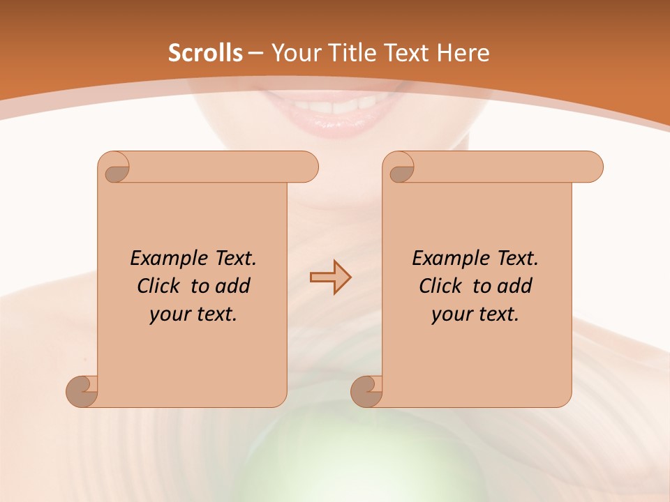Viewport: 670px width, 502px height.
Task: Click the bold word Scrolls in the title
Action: [x=206, y=53]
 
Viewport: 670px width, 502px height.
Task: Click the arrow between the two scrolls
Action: [x=330, y=277]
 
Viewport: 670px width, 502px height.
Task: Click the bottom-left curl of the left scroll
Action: [x=82, y=391]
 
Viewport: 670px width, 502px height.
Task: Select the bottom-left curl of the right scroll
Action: [x=366, y=391]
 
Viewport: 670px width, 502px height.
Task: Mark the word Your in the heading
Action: [x=294, y=53]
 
